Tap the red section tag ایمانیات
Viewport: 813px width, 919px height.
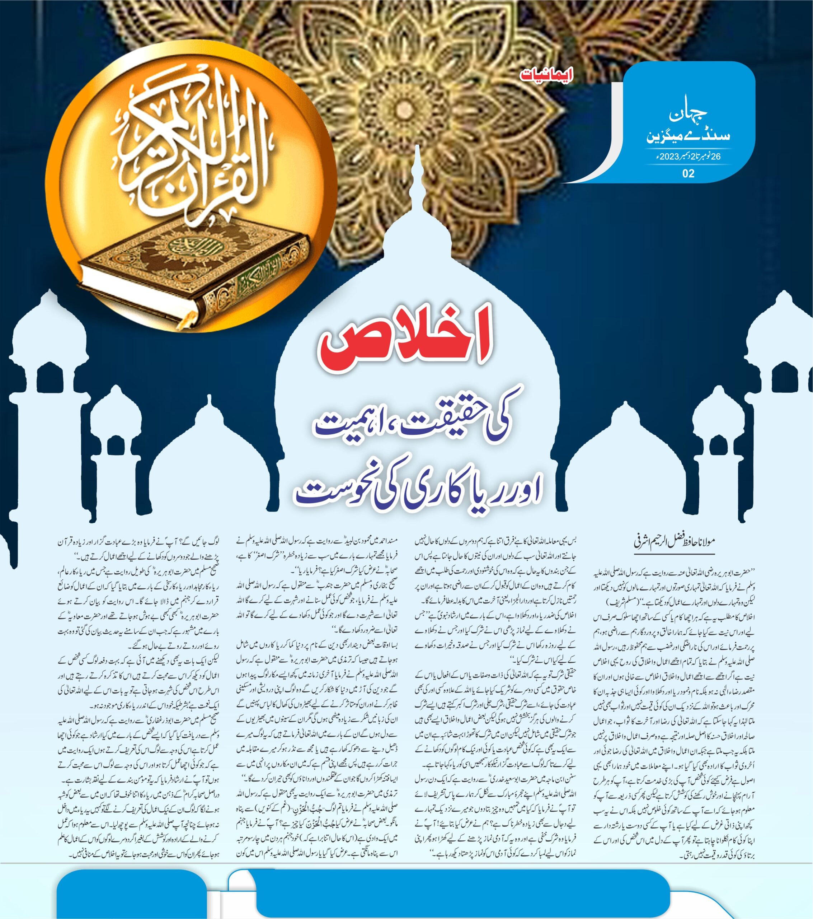[546, 75]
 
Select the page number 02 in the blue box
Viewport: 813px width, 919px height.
[688, 173]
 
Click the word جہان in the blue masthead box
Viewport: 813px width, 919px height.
[688, 115]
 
